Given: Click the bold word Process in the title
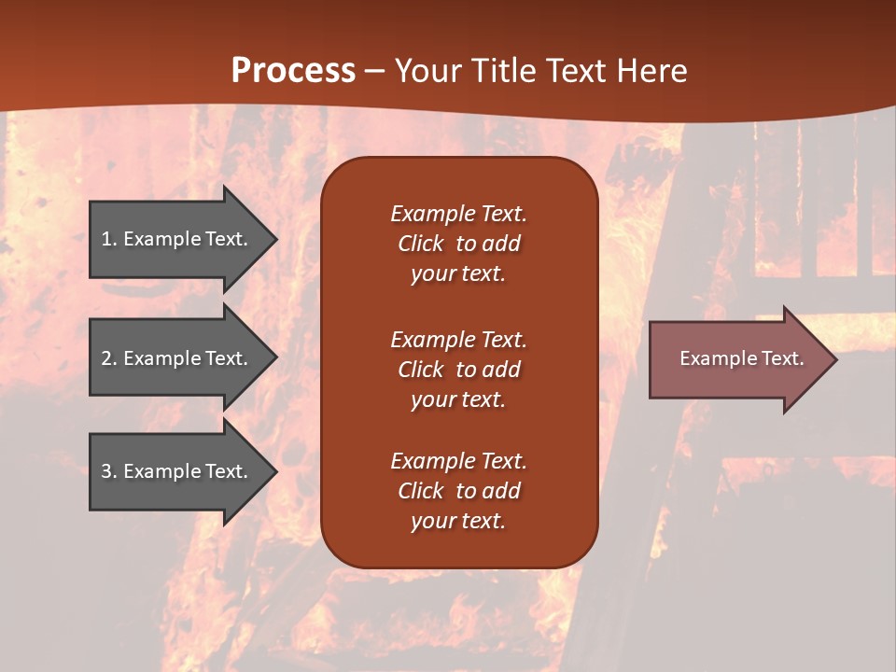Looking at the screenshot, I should (293, 71).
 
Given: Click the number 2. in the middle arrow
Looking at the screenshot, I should (109, 358).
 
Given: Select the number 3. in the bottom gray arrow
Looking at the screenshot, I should (109, 471).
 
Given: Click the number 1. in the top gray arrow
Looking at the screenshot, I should (109, 239).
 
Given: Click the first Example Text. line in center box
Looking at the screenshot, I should (458, 214).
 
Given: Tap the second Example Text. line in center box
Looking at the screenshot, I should (458, 340).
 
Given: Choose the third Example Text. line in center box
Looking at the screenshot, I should (458, 461).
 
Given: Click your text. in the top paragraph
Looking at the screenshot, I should (458, 274).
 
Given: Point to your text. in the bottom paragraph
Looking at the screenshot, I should (458, 522).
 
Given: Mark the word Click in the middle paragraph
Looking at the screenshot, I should (420, 370).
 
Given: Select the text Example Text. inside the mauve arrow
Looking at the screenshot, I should (741, 358).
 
